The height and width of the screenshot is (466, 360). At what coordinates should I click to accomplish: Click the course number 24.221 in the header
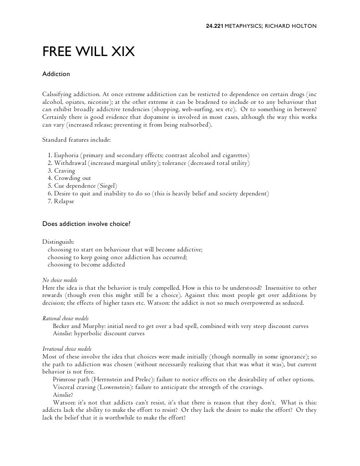point(215,26)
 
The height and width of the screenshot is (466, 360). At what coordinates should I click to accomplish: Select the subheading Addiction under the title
point(56,74)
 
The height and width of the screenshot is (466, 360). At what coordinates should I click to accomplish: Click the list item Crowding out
point(72,179)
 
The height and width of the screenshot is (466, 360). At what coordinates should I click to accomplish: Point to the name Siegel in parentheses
point(107,186)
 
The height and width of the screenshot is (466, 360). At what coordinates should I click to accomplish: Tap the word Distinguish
point(58,241)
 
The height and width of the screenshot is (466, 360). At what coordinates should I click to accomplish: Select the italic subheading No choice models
point(60,280)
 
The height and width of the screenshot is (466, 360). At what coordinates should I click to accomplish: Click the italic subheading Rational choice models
point(65,318)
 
